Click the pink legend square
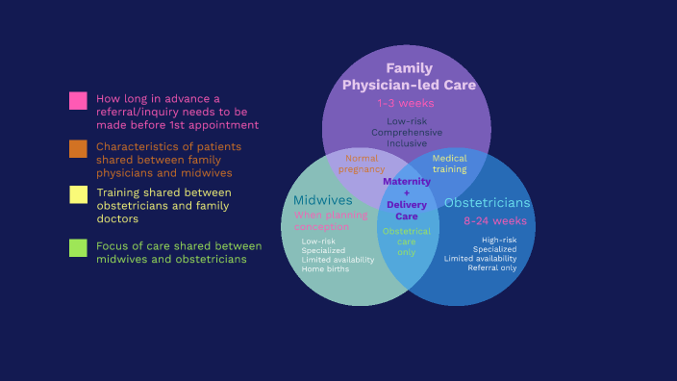coord(78,100)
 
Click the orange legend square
coord(78,148)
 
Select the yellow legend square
coord(78,194)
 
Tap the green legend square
coord(78,247)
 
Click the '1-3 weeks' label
coord(406,103)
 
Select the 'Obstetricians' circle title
coord(487,203)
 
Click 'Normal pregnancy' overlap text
coord(362,164)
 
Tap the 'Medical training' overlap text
coord(449,164)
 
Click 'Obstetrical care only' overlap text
coord(406,241)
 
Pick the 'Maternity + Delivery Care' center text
coord(406,198)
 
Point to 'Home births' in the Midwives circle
coord(325,269)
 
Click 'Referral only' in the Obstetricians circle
coord(491,267)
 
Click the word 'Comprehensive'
coord(407,132)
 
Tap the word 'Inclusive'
coord(407,142)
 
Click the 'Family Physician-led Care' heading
coord(409,77)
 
